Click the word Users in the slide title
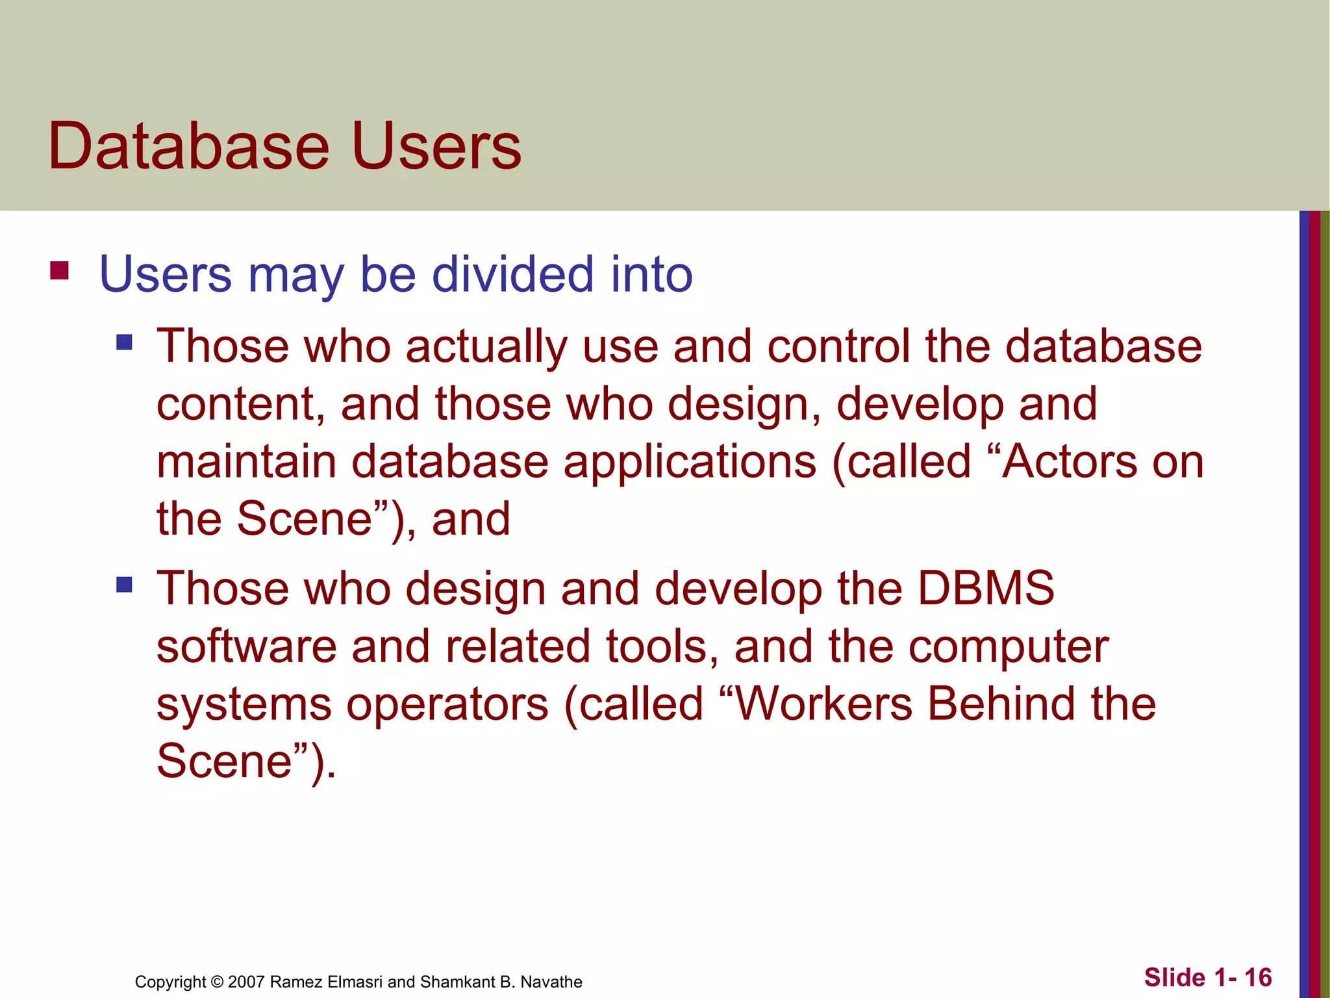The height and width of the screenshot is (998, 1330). click(x=436, y=146)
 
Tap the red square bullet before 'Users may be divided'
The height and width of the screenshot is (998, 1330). click(x=59, y=270)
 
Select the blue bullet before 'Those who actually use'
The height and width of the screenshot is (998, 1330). click(x=124, y=342)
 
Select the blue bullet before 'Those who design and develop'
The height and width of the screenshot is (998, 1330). click(x=124, y=585)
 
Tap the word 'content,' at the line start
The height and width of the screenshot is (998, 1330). click(x=240, y=404)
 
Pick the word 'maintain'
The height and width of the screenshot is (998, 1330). click(x=246, y=461)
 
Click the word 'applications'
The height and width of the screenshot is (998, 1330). click(x=690, y=463)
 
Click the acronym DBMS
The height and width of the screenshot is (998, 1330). click(x=985, y=588)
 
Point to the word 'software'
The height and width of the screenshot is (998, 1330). click(x=247, y=646)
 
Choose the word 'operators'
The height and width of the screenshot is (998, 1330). click(x=447, y=704)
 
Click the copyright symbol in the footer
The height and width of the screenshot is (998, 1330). click(x=217, y=982)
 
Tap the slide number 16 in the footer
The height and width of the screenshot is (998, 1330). click(x=1257, y=977)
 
